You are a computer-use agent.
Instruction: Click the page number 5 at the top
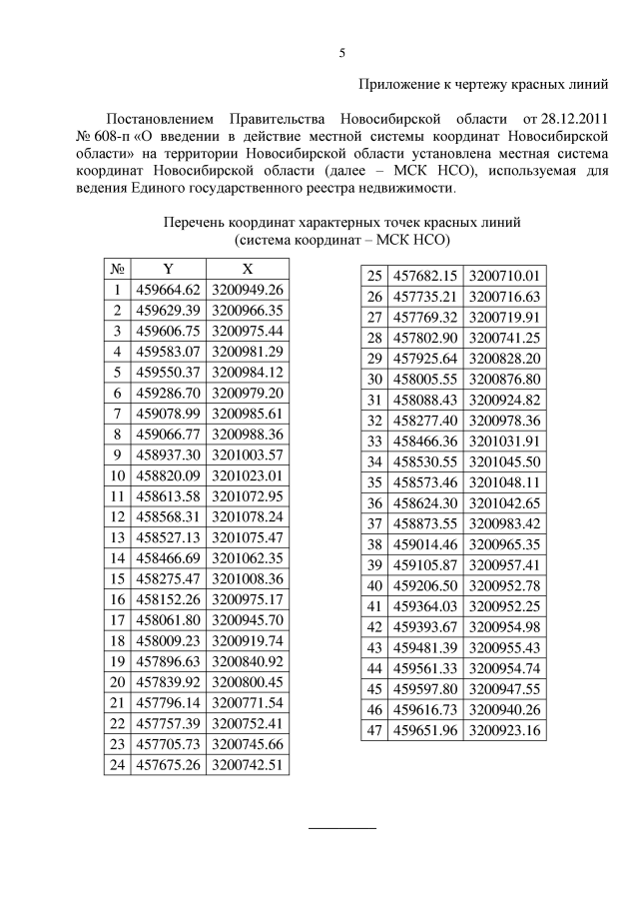(x=341, y=53)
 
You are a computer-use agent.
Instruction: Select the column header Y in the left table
(x=168, y=268)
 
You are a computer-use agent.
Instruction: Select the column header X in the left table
(x=248, y=268)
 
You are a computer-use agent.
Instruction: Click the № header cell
(x=117, y=268)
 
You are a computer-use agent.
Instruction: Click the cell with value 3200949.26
(x=248, y=291)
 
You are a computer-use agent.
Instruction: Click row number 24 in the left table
(x=117, y=765)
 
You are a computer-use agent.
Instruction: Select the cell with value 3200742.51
(x=248, y=765)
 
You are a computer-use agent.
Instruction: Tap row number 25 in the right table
(x=375, y=276)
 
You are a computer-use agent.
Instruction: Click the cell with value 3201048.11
(x=504, y=480)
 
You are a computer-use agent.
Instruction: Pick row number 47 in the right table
(x=375, y=730)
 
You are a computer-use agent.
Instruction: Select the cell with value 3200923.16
(x=504, y=730)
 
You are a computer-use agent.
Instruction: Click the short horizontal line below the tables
(x=341, y=828)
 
